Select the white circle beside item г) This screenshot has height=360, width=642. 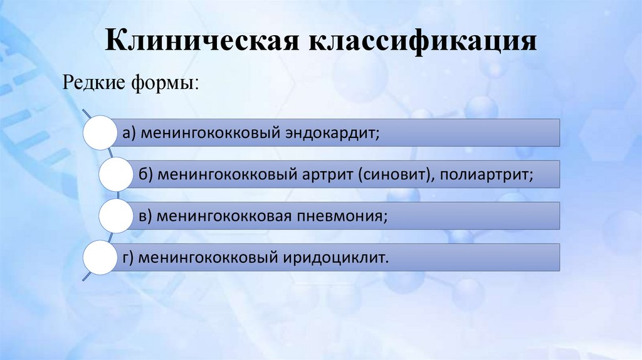coord(100,257)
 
